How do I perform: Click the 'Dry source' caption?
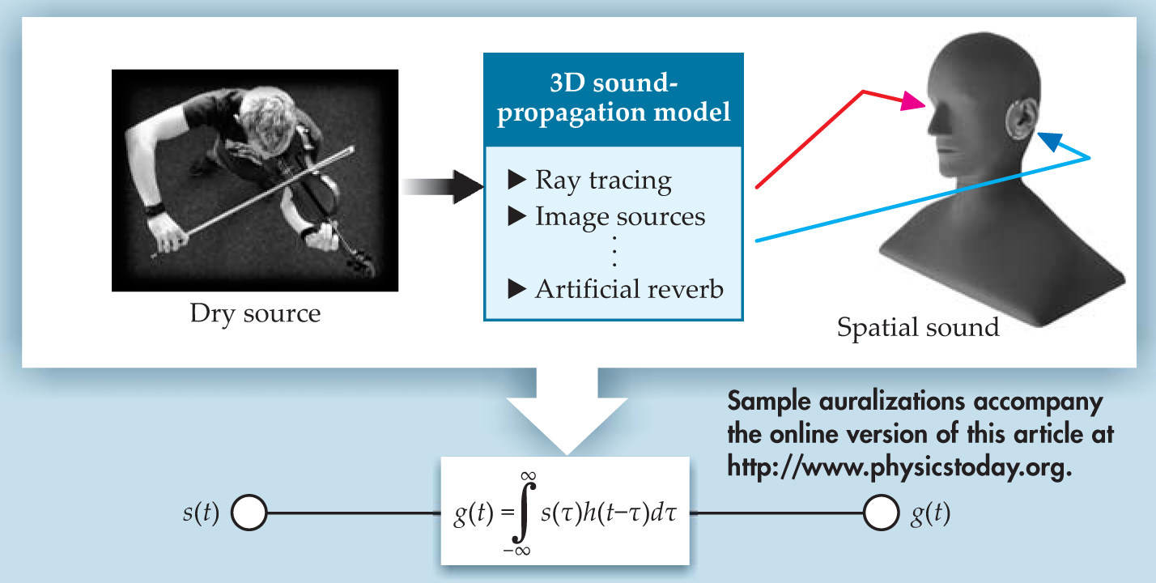(255, 313)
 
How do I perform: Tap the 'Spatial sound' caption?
(918, 327)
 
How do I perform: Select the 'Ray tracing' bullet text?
(603, 181)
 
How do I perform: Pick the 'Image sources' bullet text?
(619, 217)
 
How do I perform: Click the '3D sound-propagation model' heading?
(613, 99)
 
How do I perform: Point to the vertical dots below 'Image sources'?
(615, 253)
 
